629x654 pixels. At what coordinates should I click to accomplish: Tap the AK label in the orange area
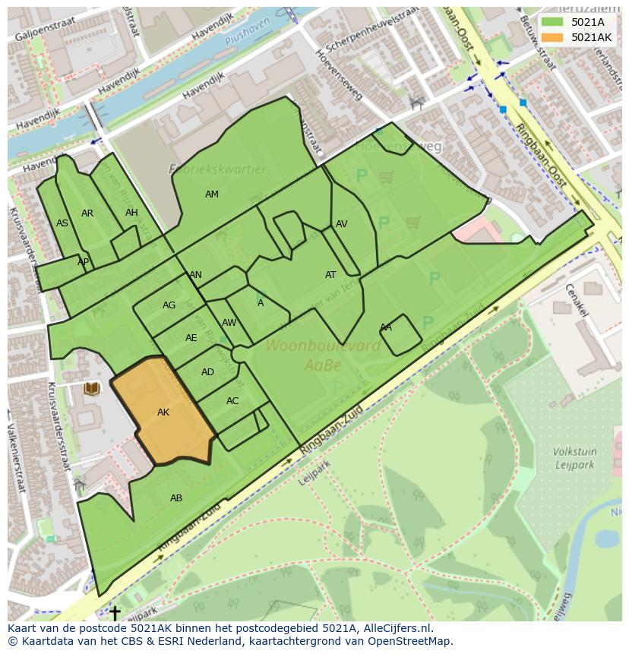click(163, 412)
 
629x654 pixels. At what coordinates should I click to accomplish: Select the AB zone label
click(176, 498)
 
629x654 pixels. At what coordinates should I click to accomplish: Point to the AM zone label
click(212, 194)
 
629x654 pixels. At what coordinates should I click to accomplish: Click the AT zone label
click(330, 275)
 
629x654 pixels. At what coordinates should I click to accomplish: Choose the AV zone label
click(342, 224)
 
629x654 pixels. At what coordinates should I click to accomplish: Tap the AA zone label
click(386, 327)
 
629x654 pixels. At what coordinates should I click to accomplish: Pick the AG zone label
click(169, 305)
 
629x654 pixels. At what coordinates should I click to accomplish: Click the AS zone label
click(62, 223)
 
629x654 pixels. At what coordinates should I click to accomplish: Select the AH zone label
click(132, 213)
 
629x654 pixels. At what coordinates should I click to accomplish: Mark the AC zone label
click(232, 401)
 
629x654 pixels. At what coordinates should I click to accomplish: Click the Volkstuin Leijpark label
click(574, 458)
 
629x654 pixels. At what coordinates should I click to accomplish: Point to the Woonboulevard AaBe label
click(323, 355)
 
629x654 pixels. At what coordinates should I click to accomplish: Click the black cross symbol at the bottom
click(115, 611)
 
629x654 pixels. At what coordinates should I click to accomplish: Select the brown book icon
click(92, 389)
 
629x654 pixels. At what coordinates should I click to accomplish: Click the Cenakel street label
click(577, 301)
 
